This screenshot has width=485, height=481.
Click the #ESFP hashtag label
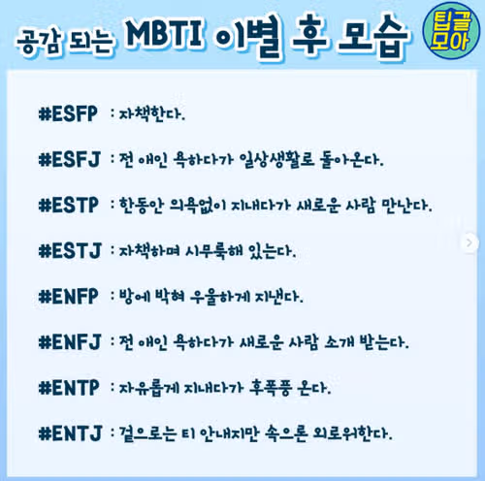68,113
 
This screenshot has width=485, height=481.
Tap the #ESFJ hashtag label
70,159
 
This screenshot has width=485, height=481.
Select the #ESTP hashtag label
68,206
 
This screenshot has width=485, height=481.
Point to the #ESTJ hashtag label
70,251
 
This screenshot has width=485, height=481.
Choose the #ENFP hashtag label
68,297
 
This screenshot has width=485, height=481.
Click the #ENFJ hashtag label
70,342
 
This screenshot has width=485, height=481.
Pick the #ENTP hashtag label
69,388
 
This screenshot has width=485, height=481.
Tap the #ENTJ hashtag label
70,433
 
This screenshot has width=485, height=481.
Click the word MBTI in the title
165,34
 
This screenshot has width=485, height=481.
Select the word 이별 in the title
247,37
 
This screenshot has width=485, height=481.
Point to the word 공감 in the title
39,43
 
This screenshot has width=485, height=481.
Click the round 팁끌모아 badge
451,31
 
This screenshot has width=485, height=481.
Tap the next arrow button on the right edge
469,242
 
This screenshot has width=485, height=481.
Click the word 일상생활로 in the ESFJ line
276,159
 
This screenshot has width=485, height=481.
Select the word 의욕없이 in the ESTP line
198,206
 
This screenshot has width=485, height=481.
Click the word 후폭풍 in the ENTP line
271,388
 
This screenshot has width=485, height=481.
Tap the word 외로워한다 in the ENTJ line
352,433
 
